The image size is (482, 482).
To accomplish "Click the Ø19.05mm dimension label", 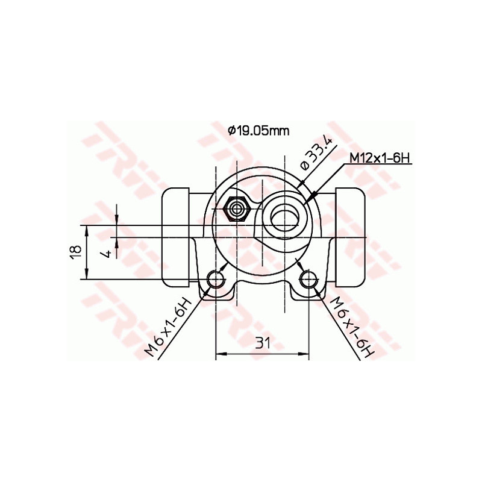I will (x=258, y=130).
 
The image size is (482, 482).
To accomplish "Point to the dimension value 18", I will (x=74, y=252).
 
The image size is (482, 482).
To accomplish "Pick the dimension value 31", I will (x=262, y=343).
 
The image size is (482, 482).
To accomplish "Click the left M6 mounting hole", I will (x=216, y=279).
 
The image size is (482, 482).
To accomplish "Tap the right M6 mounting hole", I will (x=308, y=279).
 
